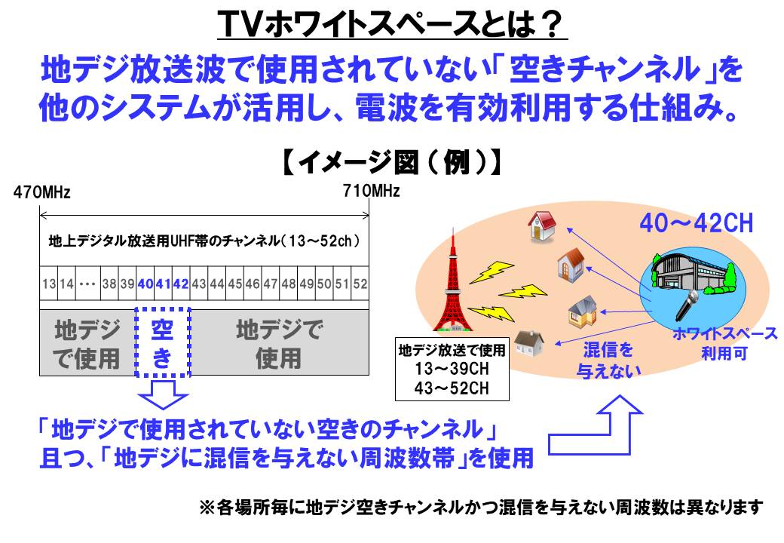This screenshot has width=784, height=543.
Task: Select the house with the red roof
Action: point(543,225)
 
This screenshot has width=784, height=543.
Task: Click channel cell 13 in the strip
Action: point(49,284)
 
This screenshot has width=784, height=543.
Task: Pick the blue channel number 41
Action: point(163,284)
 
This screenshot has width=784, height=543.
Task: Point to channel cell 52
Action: point(360,284)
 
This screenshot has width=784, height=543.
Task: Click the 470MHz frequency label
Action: point(41,192)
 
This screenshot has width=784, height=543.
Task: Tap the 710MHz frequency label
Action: point(371,191)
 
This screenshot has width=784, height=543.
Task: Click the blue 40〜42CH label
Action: point(696,223)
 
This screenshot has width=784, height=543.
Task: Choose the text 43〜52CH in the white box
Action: point(452,388)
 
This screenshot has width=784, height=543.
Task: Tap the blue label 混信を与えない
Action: point(608,360)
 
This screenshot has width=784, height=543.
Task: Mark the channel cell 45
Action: point(235,284)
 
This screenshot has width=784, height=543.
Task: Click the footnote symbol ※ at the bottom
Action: point(207,508)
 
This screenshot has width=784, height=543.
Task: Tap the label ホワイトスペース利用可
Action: point(724,343)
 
